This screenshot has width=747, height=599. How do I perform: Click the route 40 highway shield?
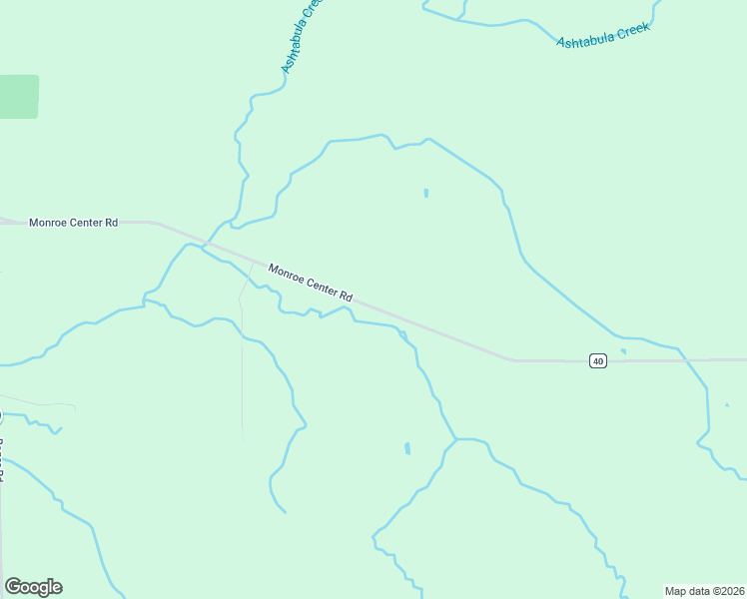[597, 360]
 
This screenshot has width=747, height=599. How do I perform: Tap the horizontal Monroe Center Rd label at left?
[74, 223]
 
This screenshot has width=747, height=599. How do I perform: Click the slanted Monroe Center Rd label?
[311, 283]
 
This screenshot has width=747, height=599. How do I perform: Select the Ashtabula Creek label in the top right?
[603, 36]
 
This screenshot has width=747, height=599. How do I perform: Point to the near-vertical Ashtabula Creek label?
[303, 36]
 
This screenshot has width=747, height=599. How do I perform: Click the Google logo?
[33, 587]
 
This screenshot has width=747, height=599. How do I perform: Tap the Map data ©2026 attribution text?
[704, 591]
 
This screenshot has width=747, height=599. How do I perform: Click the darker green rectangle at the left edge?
[18, 97]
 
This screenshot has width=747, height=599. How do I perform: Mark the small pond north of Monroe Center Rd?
[426, 193]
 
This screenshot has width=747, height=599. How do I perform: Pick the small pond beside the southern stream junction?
[407, 448]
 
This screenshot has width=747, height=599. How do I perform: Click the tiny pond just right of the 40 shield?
[623, 351]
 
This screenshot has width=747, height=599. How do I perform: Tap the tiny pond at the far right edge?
[727, 404]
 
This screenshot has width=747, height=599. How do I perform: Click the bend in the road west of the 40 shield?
[511, 358]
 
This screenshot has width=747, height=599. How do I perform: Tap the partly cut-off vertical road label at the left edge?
[2, 459]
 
